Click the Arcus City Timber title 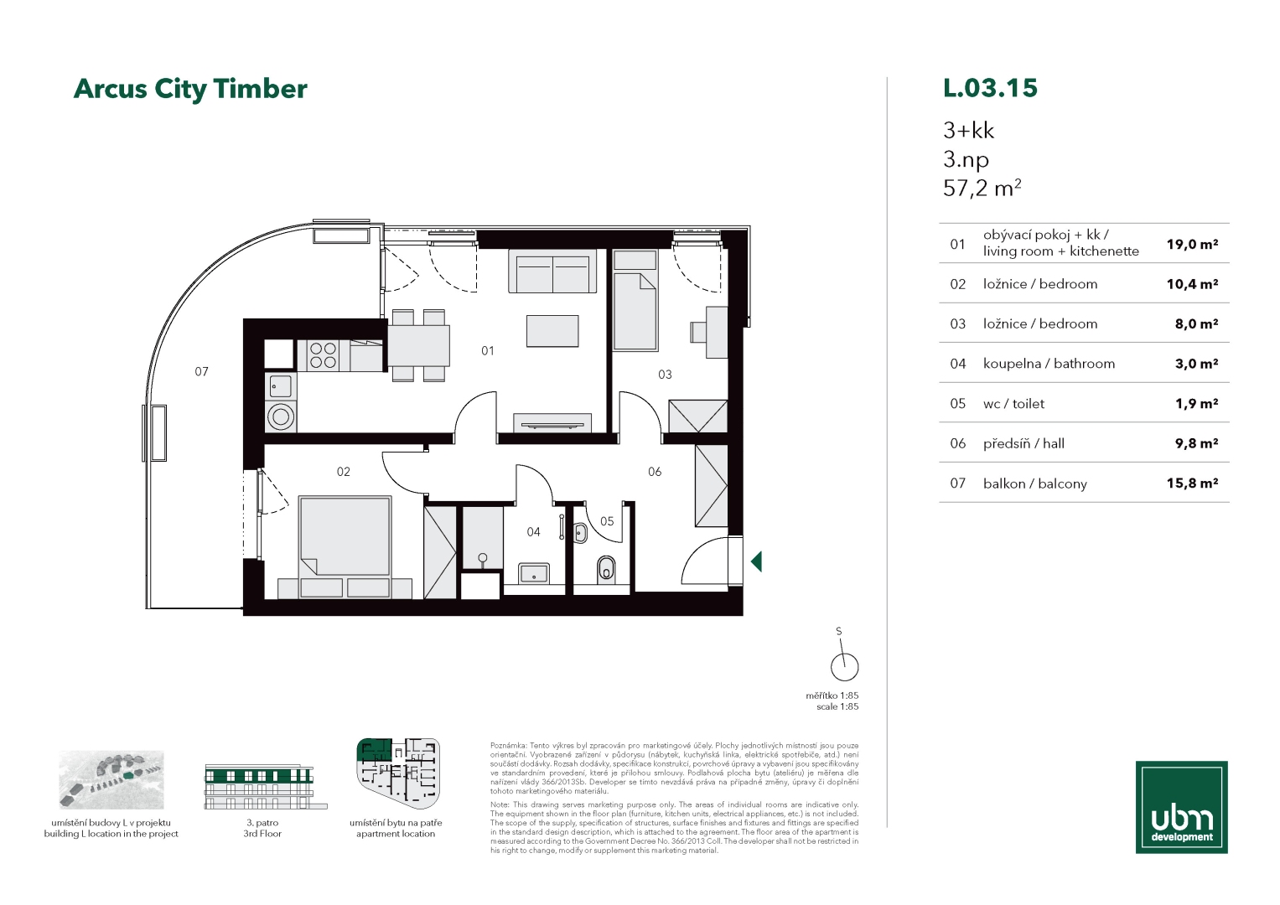point(190,90)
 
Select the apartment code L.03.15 point(990,88)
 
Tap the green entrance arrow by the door point(756,561)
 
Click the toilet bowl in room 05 point(606,570)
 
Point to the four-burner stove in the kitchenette point(323,354)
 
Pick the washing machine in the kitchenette point(281,416)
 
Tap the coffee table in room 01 point(552,331)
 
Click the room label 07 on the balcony point(201,372)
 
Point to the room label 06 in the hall point(655,472)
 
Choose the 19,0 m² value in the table point(1192,245)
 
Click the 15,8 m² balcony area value point(1192,484)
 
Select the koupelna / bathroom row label point(1049,364)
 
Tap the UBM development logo point(1181,807)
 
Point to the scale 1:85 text point(837,706)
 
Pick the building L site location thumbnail point(111,780)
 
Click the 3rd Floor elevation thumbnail point(266,787)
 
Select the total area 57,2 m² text point(982,189)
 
